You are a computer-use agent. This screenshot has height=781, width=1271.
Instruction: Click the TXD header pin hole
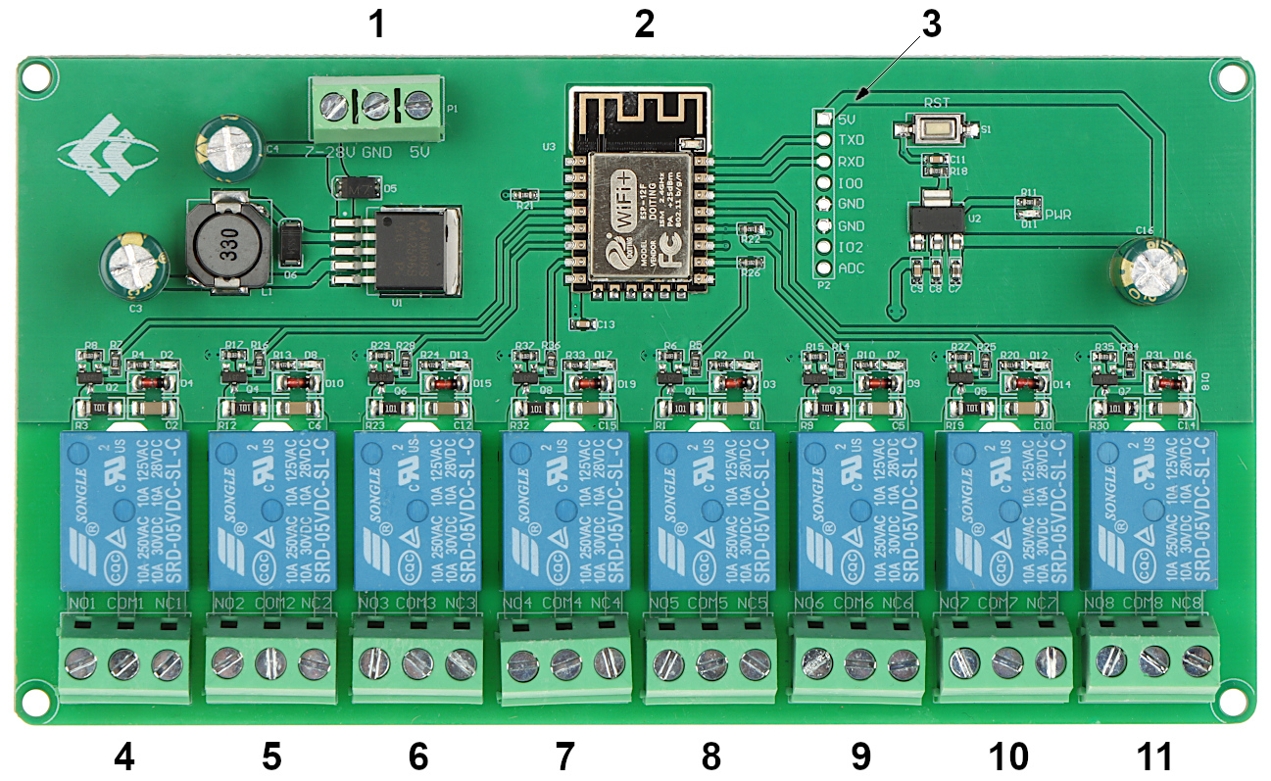point(824,139)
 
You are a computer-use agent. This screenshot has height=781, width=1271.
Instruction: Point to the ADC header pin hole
point(824,268)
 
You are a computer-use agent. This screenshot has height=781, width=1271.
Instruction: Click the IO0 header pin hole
point(824,182)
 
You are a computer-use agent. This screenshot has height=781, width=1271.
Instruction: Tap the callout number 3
point(930,25)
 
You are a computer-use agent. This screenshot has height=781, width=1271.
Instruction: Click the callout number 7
point(564,756)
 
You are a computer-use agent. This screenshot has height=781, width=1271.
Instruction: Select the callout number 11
point(1153,756)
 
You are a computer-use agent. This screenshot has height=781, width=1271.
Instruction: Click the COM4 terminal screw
point(565,665)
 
